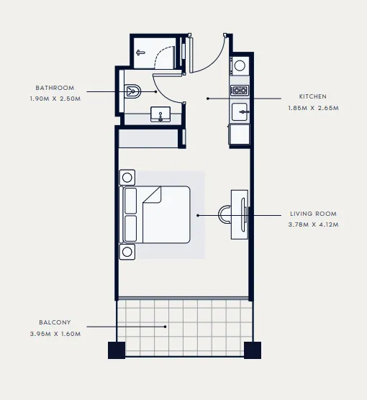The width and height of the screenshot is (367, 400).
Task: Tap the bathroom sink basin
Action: point(160,114)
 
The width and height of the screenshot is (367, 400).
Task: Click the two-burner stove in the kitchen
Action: point(239,91)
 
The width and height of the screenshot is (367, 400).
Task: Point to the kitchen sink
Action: point(240,112)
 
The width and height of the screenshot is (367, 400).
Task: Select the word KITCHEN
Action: point(313,96)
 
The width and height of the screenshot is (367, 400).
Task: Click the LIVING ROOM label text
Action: point(313,214)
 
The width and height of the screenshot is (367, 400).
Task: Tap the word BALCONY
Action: point(55,322)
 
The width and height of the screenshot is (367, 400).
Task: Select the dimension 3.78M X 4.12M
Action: point(313,224)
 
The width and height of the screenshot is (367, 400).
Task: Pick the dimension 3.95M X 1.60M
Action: point(55,333)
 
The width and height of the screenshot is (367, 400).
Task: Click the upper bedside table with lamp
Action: point(128,177)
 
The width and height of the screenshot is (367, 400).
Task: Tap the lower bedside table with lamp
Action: point(128,251)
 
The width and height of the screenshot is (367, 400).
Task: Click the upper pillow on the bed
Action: point(130,201)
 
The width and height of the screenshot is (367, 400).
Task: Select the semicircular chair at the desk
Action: point(225,214)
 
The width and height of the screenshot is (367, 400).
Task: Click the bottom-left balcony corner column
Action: point(117,350)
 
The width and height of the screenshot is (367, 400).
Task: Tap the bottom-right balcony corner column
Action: point(252,350)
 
